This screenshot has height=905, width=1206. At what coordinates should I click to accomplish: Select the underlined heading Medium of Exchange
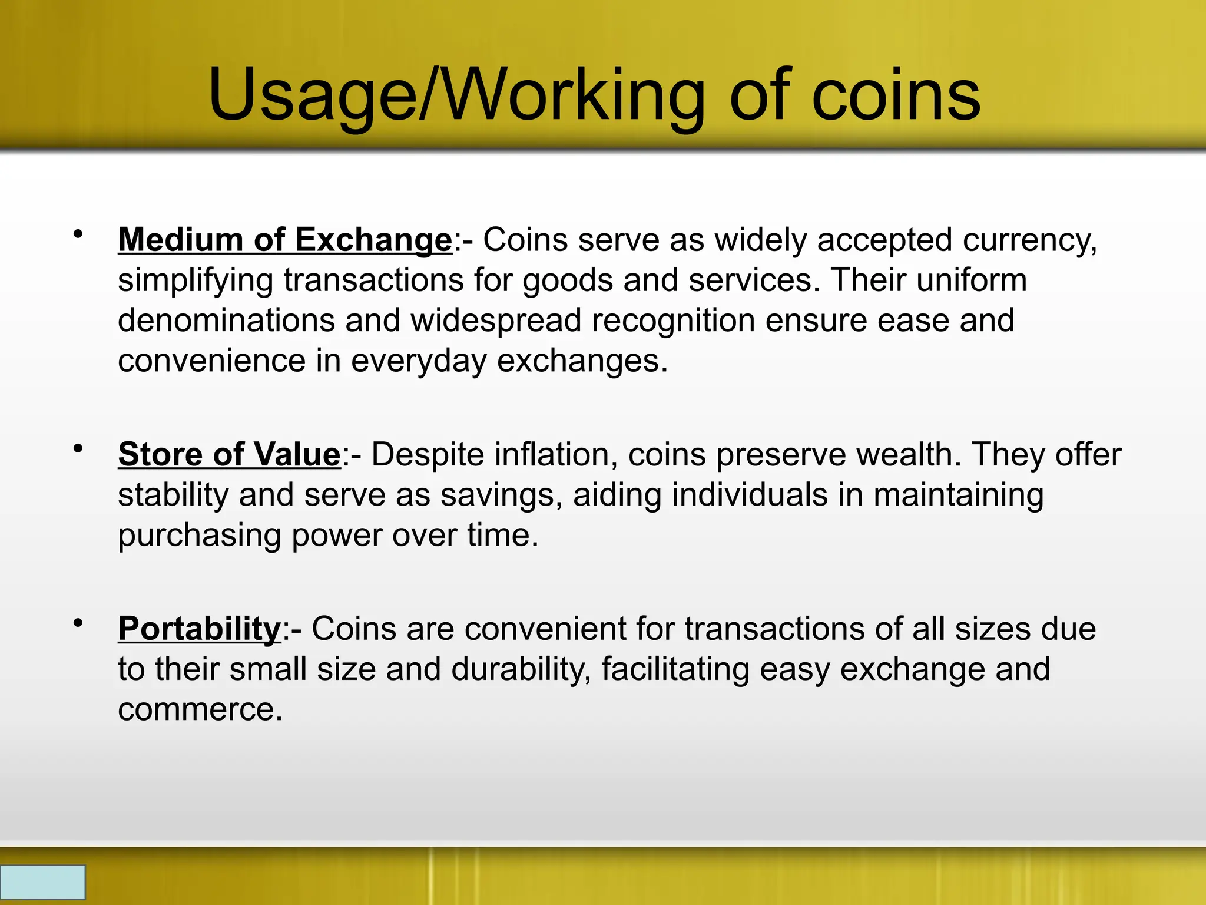coord(285,240)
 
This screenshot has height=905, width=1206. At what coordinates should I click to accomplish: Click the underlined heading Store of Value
coord(229,455)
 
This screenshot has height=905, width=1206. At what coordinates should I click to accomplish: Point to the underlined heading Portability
coord(200,629)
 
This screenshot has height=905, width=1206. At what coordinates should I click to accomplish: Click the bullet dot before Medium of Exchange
coord(78,234)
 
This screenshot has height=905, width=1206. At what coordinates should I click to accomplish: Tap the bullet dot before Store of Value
coord(78,449)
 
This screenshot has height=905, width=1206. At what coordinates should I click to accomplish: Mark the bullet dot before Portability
coord(78,623)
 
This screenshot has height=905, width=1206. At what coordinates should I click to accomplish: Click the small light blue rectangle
coord(42,882)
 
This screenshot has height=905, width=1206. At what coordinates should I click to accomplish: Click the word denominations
coord(226,321)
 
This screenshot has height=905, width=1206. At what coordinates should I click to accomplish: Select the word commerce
coord(200,709)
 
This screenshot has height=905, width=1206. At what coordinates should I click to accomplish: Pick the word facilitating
coord(675,669)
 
